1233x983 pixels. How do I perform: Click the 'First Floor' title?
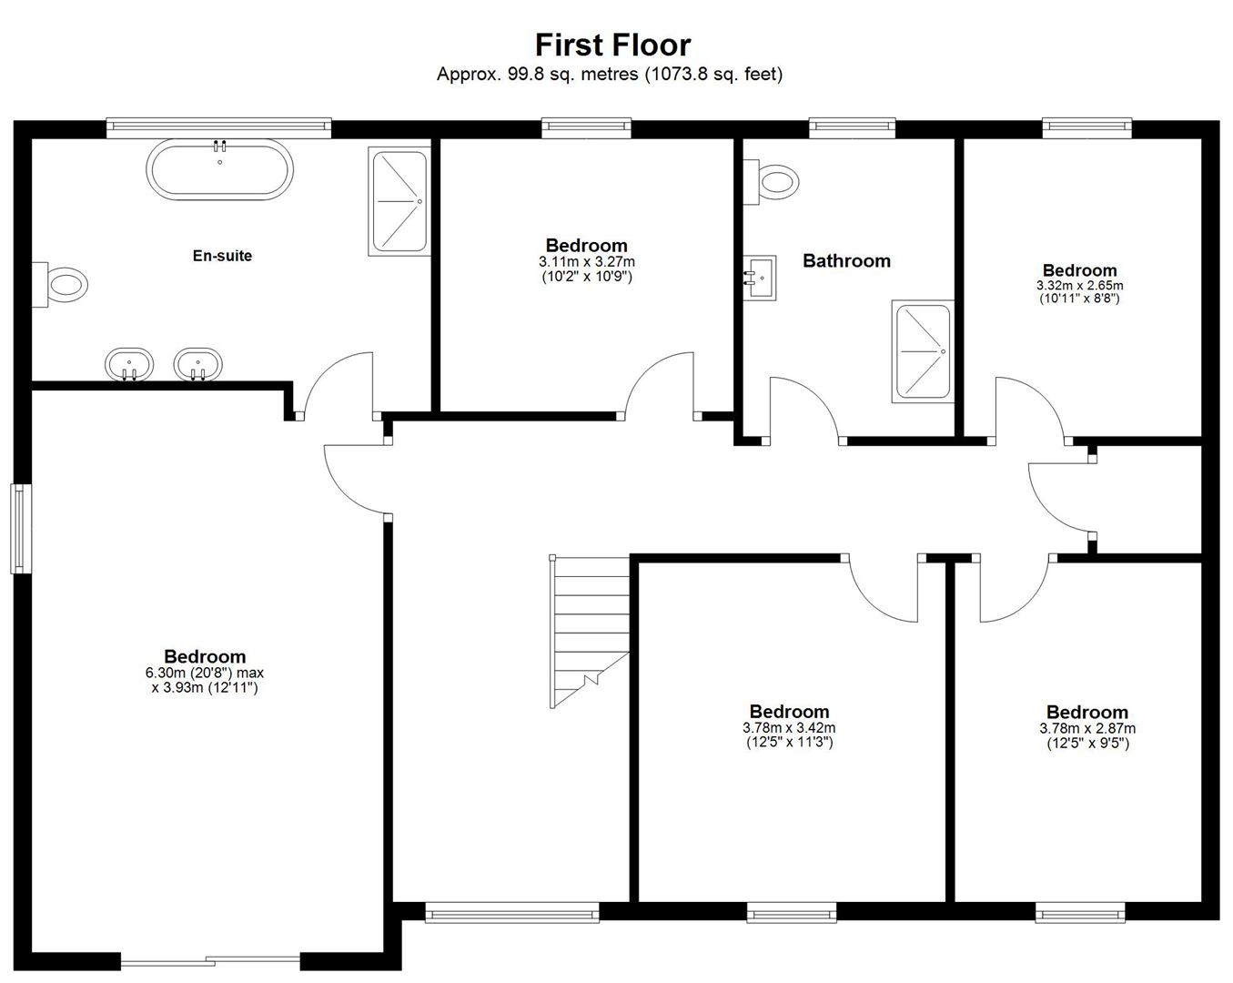point(612,45)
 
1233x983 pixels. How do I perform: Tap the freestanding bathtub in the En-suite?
point(219,169)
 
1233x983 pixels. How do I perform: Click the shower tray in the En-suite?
point(399,201)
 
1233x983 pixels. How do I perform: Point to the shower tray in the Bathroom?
point(923,350)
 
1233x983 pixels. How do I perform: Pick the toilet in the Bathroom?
point(771,182)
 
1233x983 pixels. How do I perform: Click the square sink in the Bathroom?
point(760,278)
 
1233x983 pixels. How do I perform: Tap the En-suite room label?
point(222,256)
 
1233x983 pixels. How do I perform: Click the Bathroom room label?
point(847,261)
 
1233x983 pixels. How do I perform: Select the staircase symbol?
point(590,631)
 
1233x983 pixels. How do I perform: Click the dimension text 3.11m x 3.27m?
point(587,262)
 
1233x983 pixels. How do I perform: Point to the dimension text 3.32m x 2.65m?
point(1079,286)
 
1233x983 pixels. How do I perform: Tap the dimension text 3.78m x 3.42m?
point(789,728)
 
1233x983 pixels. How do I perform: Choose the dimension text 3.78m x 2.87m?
point(1087,728)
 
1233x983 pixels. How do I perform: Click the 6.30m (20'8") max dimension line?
point(205,673)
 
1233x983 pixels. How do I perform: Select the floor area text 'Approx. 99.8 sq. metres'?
point(538,74)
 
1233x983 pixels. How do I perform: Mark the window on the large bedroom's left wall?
point(21,529)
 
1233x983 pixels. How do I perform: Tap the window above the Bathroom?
point(852,127)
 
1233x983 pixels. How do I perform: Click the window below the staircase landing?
point(512,913)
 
